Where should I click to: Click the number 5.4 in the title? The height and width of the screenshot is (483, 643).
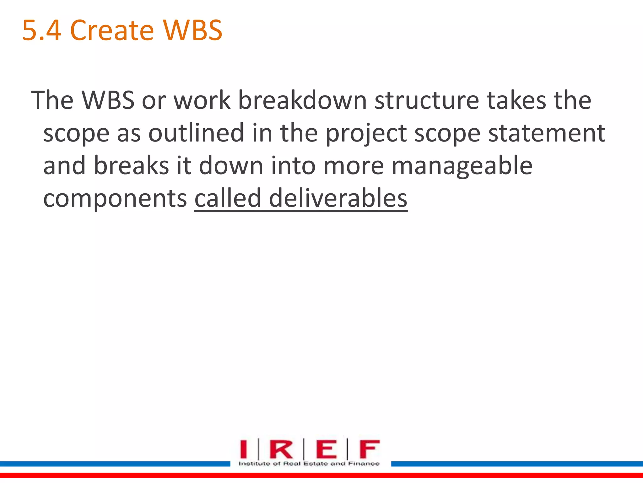[42, 31]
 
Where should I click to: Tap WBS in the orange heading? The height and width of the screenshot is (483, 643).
[192, 31]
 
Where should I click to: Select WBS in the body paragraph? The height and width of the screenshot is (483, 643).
[108, 100]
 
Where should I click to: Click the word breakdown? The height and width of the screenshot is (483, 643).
[302, 100]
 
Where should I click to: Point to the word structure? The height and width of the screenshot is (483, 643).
[427, 100]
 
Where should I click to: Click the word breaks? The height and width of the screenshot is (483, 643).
[131, 166]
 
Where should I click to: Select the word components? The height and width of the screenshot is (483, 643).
[115, 199]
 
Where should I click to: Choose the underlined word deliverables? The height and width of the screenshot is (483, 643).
[338, 198]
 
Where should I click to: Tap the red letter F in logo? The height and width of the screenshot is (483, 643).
[369, 449]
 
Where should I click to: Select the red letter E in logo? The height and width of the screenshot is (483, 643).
[326, 449]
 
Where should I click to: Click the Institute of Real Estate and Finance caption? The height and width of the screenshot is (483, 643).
[309, 464]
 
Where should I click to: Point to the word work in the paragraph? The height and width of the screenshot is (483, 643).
[202, 100]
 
